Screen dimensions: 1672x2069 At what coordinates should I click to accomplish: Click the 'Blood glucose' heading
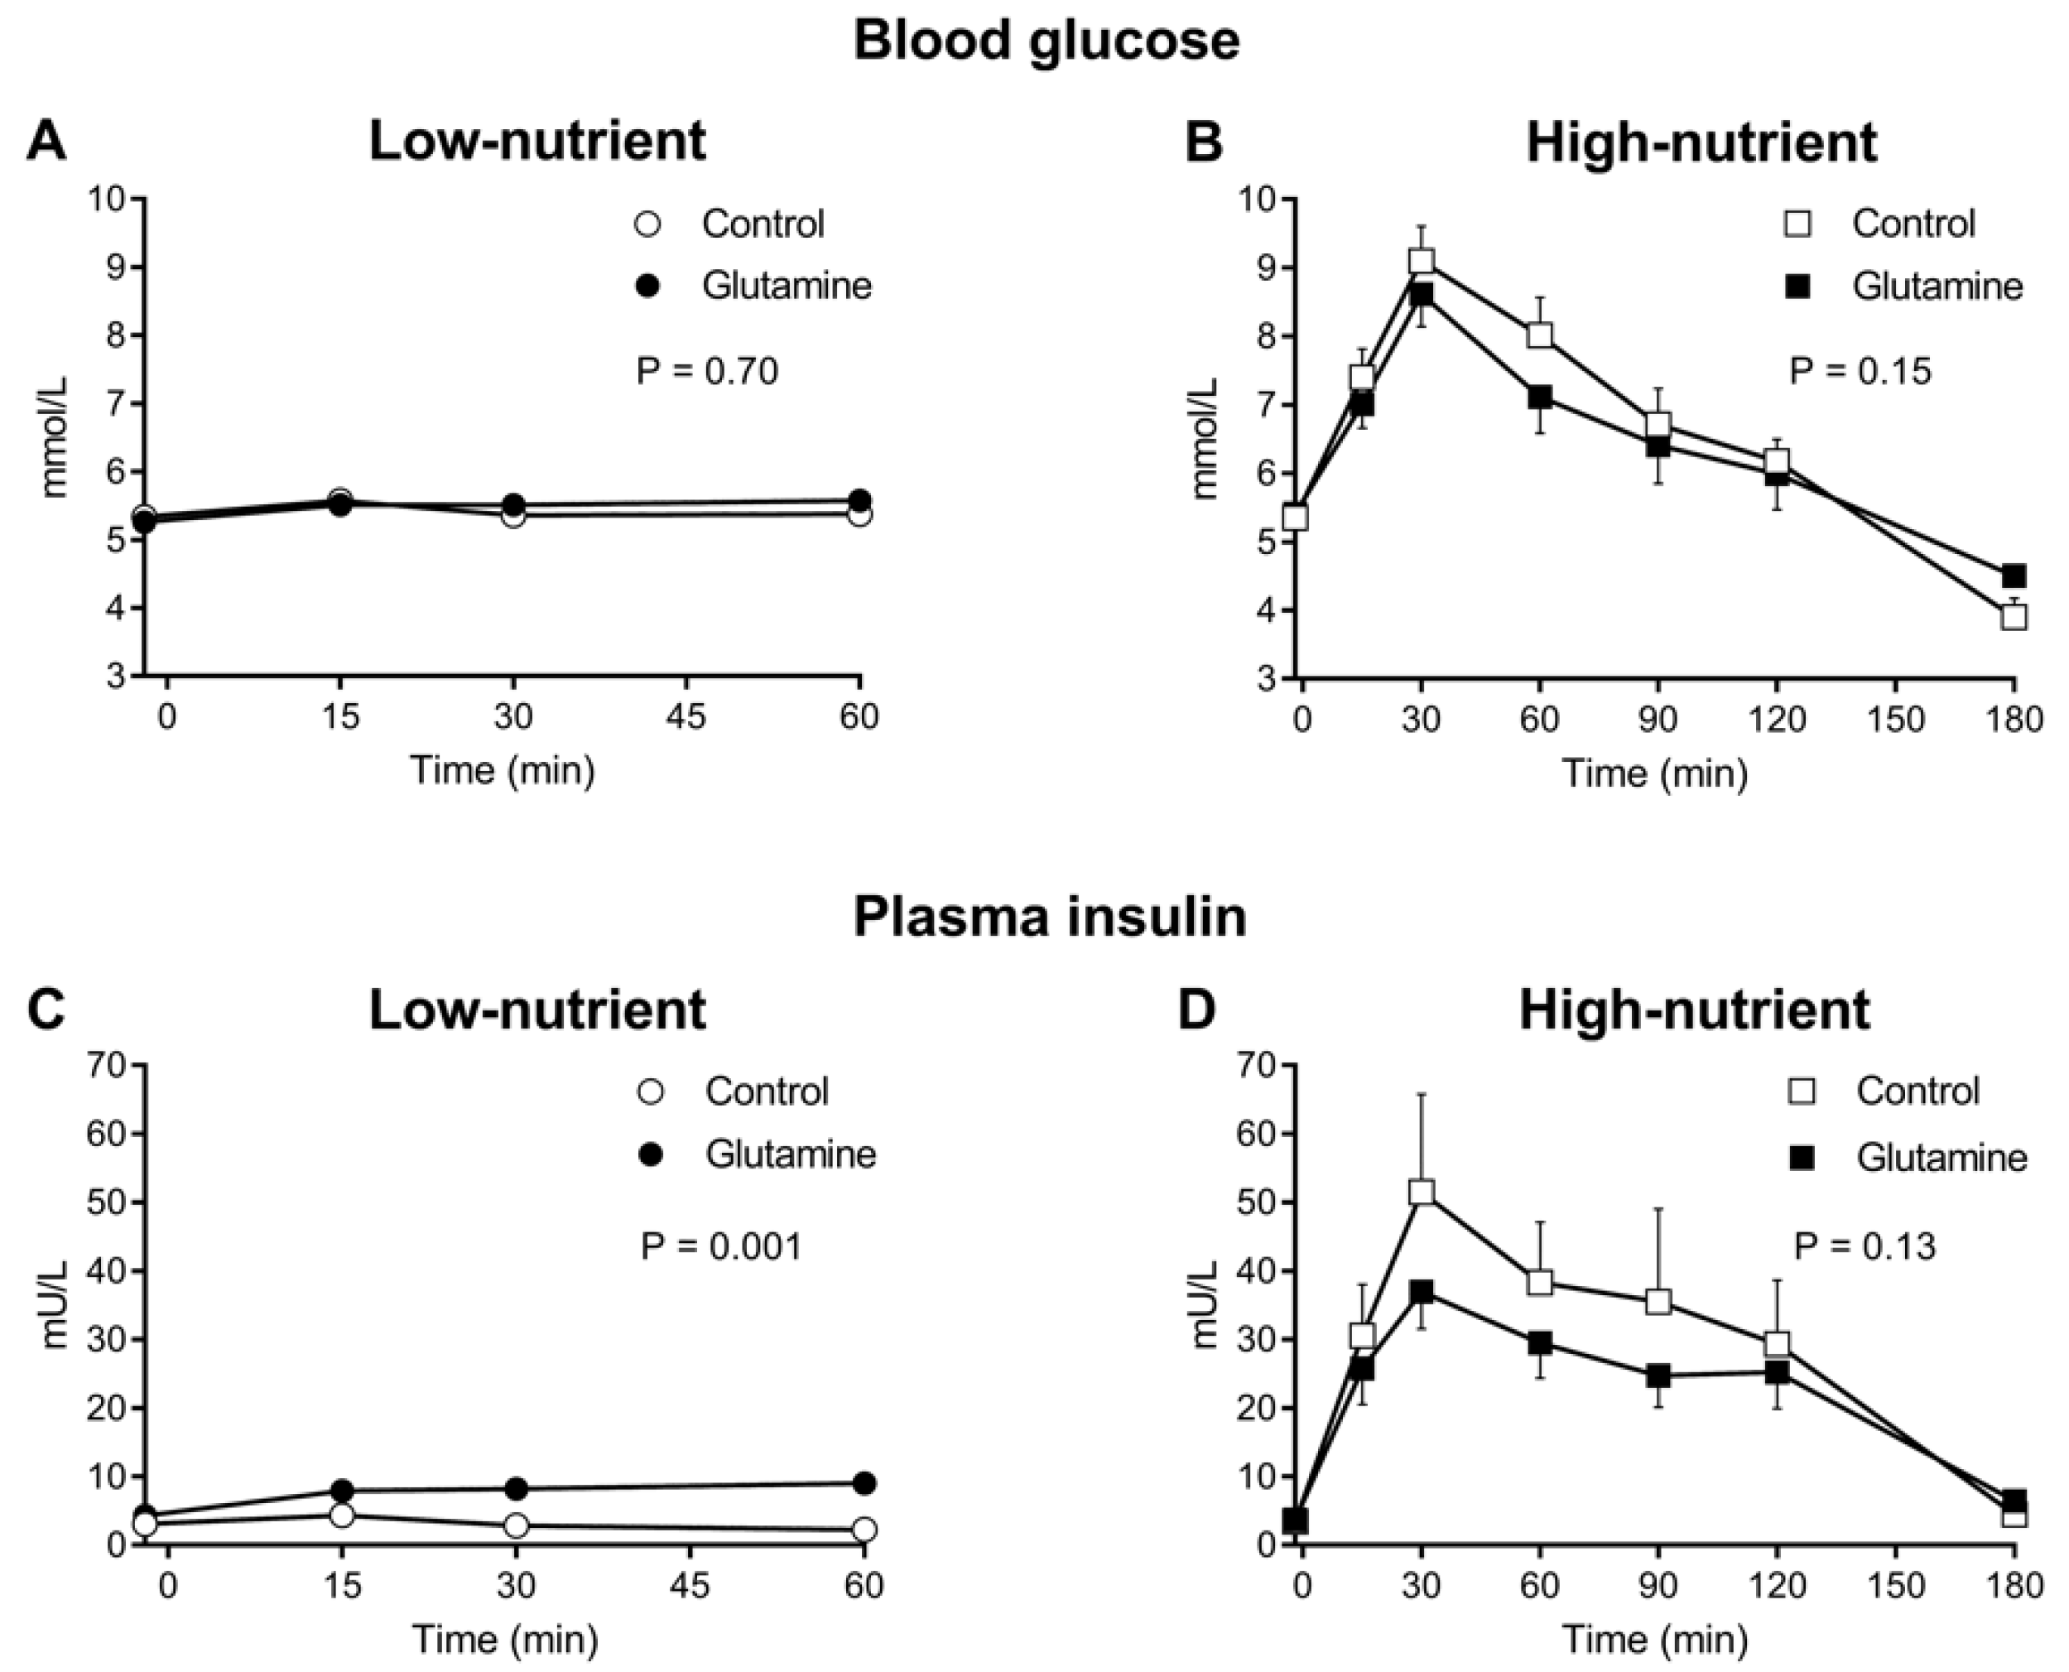pos(1046,42)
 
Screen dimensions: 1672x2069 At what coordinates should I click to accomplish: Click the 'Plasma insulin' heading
pos(1050,916)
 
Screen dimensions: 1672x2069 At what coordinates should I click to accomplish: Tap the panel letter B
pos(1202,142)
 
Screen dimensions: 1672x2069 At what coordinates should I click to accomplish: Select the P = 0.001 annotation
pos(721,1246)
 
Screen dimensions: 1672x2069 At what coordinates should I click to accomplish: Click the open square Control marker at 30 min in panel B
pos(1421,260)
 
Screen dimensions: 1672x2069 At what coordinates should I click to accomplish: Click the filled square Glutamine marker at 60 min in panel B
pos(1539,397)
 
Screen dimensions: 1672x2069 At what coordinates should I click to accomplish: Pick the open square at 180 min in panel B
pos(2014,616)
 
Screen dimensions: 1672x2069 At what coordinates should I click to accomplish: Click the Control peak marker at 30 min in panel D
pos(1421,1193)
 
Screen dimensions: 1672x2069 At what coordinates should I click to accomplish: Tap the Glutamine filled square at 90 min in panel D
pos(1658,1376)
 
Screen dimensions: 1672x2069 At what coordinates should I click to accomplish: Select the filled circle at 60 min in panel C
pos(864,1483)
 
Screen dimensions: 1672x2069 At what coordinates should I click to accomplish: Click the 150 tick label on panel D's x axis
pos(1895,1584)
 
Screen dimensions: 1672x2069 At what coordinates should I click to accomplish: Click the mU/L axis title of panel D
pos(1205,1304)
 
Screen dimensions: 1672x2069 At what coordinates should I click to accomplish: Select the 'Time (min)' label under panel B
pos(1654,773)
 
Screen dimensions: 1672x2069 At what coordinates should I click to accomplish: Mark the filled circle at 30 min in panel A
pos(514,504)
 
